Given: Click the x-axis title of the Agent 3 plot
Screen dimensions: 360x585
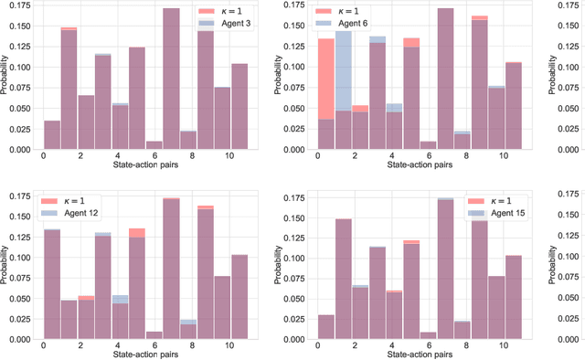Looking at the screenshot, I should (145, 166).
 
